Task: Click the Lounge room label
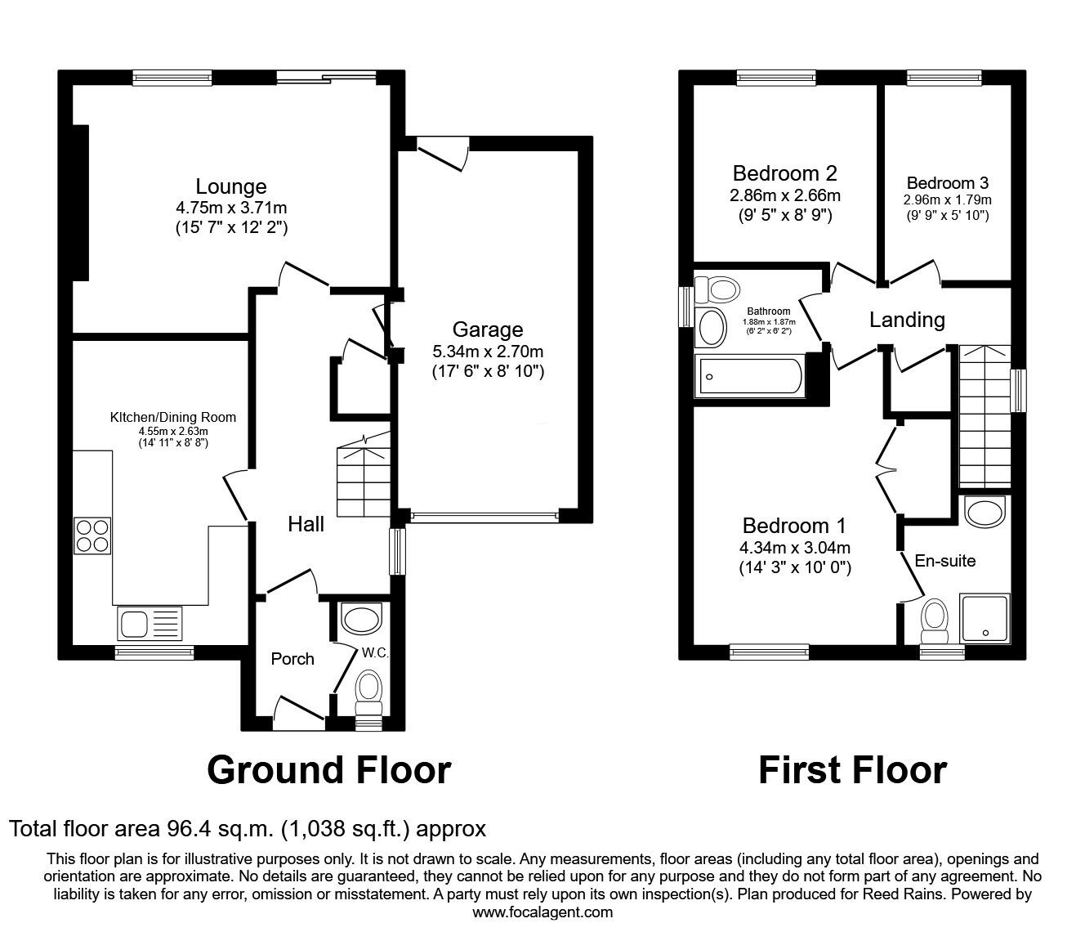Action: [x=230, y=186]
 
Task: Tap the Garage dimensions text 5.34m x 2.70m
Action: [x=488, y=352]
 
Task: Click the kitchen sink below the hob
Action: [x=152, y=624]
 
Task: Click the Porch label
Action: [x=292, y=659]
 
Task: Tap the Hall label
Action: [x=306, y=524]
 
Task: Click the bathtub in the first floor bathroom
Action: [x=748, y=376]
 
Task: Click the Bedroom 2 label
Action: [x=784, y=173]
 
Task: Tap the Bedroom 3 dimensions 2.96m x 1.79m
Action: [x=948, y=200]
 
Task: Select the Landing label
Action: [x=907, y=320]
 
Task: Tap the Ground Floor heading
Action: [x=328, y=770]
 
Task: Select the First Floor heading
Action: [x=852, y=770]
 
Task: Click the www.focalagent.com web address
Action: [x=542, y=912]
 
